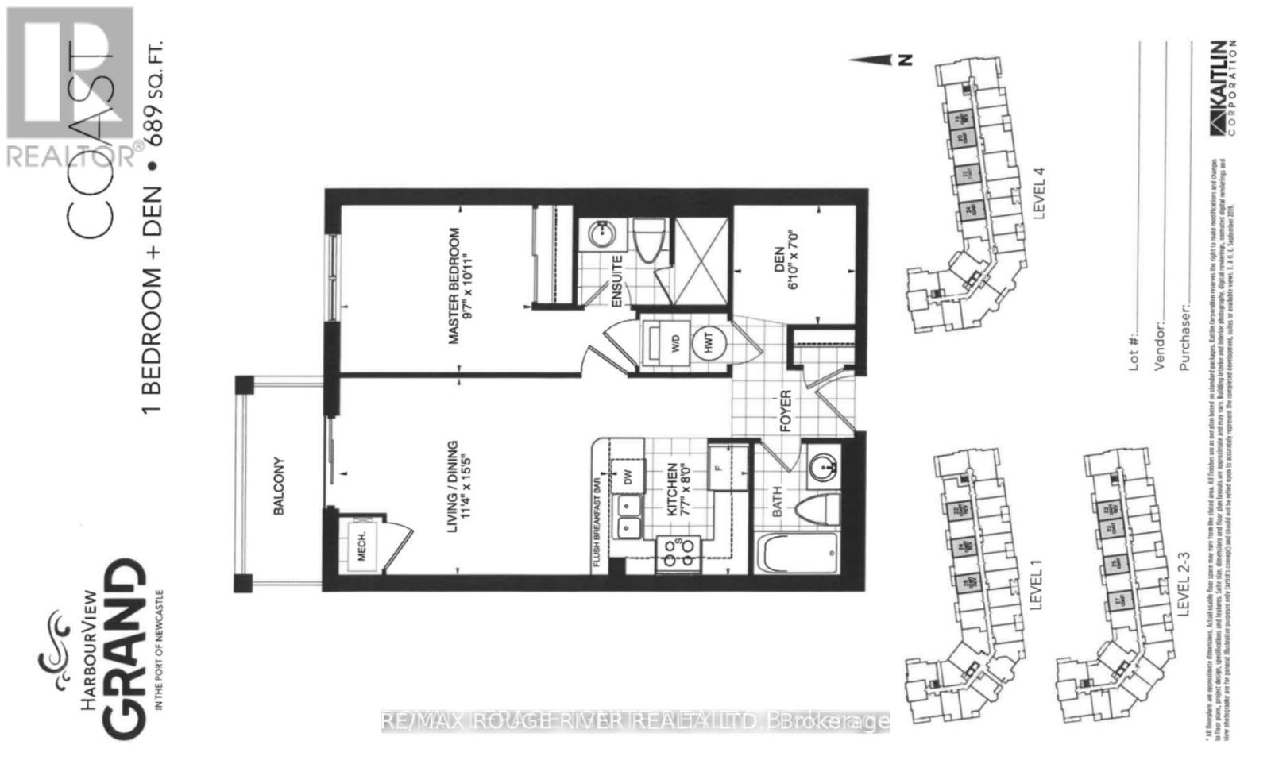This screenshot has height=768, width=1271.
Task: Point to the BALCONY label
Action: coord(279,485)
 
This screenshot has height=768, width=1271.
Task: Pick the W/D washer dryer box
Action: coord(666,344)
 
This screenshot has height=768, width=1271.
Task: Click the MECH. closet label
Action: coord(361,546)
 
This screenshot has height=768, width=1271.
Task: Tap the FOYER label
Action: coord(786,411)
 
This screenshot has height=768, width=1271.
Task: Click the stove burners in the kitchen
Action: coord(678,551)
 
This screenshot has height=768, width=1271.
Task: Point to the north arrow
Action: coord(877,59)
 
